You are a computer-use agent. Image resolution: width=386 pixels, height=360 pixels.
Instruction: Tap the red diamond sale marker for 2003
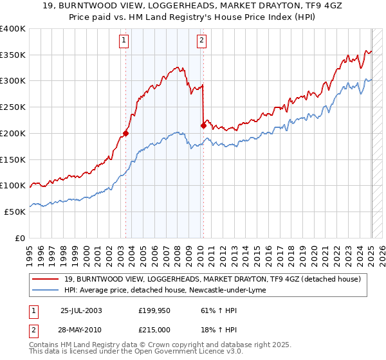pyautogui.click(x=126, y=134)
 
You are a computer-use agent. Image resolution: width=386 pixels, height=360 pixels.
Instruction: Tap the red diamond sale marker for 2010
pyautogui.click(x=203, y=125)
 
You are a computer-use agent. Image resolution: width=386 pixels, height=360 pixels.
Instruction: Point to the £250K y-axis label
pyautogui.click(x=13, y=107)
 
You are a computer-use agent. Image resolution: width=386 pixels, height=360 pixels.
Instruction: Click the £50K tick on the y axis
pyautogui.click(x=15, y=212)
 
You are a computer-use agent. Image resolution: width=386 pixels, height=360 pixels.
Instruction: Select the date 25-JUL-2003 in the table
pyautogui.click(x=81, y=310)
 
